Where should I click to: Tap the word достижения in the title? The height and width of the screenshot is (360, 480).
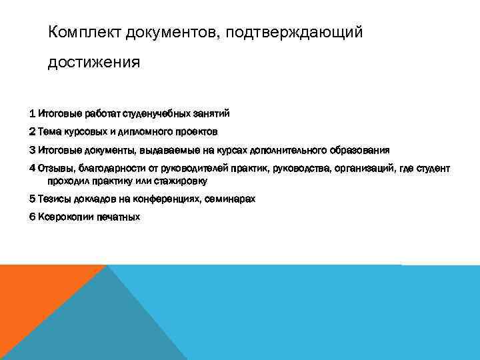click(94, 63)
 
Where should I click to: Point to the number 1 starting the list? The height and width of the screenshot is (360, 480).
click(32, 113)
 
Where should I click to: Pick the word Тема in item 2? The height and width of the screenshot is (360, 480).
click(49, 131)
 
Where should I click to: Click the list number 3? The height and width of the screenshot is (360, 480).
click(32, 150)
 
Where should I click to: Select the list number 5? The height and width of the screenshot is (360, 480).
click(32, 199)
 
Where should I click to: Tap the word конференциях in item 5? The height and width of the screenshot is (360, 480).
click(167, 199)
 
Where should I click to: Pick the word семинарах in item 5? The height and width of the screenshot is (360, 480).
click(230, 199)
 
